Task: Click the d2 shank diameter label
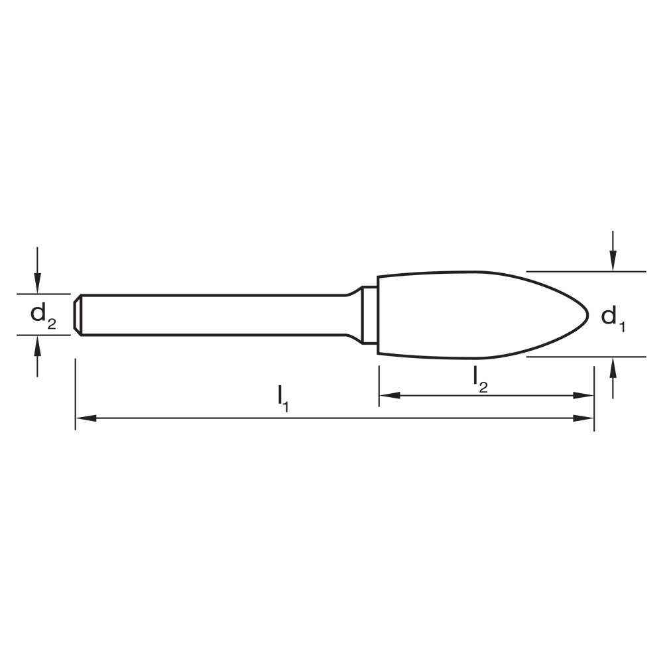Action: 43,316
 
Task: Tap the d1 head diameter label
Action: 613,318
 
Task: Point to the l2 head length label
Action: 480,379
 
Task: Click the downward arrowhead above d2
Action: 38,283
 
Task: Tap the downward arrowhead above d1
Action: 614,262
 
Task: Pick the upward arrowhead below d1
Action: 614,366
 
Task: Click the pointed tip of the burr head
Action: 587,316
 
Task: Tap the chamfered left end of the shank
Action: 78,315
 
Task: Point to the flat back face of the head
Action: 378,316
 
